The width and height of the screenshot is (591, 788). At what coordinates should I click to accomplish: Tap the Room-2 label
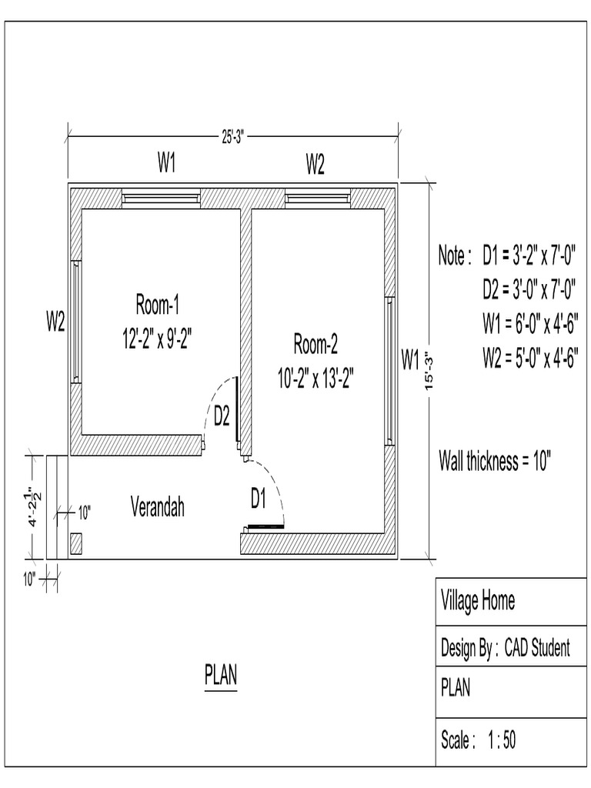(x=316, y=343)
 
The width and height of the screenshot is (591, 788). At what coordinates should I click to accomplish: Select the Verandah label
(x=157, y=507)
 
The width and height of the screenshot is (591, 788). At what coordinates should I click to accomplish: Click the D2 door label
(x=222, y=417)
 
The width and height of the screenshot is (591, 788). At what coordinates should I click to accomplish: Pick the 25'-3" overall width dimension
(x=233, y=137)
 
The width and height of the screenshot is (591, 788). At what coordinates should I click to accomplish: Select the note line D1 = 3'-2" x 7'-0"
(x=529, y=255)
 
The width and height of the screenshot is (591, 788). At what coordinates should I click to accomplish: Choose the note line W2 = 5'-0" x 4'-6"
(x=530, y=358)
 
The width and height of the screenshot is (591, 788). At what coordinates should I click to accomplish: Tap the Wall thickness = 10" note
(x=495, y=462)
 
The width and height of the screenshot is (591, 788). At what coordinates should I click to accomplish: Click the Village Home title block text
(x=477, y=600)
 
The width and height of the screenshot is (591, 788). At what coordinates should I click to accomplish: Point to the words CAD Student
(x=537, y=648)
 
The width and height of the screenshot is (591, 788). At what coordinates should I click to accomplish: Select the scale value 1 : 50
(x=501, y=740)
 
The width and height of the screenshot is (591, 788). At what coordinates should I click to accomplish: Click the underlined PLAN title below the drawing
(x=221, y=676)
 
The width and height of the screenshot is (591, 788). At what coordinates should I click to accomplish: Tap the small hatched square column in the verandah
(x=76, y=543)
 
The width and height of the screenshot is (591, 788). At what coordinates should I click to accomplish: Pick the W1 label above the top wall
(x=168, y=163)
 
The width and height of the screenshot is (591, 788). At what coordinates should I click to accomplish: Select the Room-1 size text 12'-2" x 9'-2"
(x=157, y=339)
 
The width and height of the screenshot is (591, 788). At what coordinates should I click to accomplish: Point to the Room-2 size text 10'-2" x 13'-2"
(x=316, y=379)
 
